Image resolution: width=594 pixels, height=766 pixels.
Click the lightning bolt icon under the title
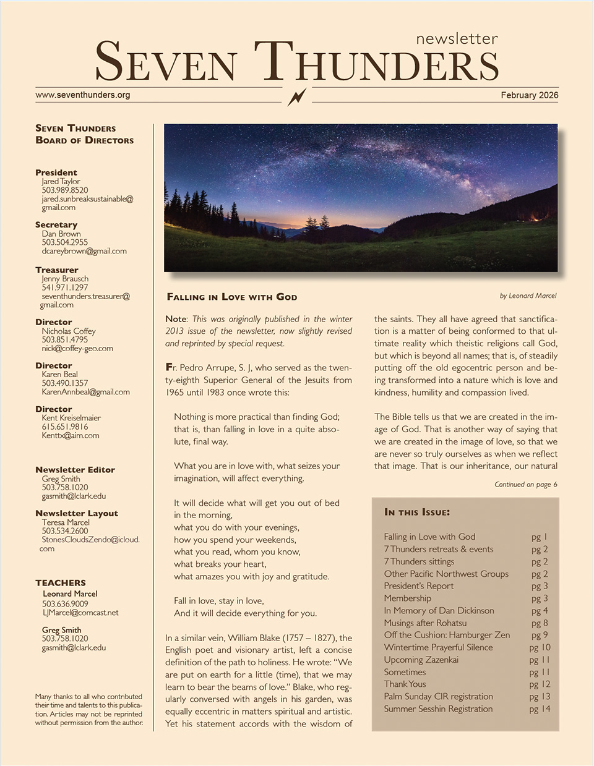point(297,96)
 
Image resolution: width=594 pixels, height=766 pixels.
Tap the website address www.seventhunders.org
point(83,95)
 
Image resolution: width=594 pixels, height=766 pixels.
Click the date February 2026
point(529,95)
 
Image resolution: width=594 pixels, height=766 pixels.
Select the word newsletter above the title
point(457,39)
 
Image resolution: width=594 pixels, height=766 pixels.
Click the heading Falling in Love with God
point(232,297)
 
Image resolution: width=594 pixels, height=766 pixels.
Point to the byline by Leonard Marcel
point(528,296)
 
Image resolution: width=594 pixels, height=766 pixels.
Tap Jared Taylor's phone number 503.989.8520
point(65,190)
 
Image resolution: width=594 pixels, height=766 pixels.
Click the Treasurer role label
point(57,270)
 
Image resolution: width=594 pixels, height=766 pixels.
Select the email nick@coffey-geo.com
point(77,348)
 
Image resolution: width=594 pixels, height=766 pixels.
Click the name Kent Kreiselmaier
point(71,418)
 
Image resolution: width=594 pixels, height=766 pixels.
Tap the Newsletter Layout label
point(77,513)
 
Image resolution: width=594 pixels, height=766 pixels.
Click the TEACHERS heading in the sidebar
point(61,582)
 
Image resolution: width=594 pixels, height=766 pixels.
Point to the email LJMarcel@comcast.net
point(80,613)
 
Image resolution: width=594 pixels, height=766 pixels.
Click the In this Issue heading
point(417,512)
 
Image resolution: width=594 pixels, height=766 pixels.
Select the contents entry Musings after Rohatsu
point(425,623)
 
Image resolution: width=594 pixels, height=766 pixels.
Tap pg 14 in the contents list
point(540,709)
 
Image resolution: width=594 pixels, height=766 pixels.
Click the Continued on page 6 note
point(526,484)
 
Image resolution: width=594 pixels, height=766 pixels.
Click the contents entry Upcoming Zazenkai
point(421,660)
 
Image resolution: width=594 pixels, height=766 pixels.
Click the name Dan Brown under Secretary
point(61,234)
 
